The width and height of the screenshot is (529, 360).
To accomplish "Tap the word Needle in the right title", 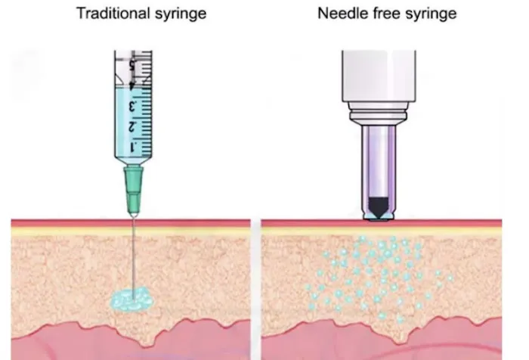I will coord(345,14).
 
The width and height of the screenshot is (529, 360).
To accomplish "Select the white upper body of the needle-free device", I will coord(377,76).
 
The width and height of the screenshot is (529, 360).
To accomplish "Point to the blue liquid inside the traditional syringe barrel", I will coord(127,113).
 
